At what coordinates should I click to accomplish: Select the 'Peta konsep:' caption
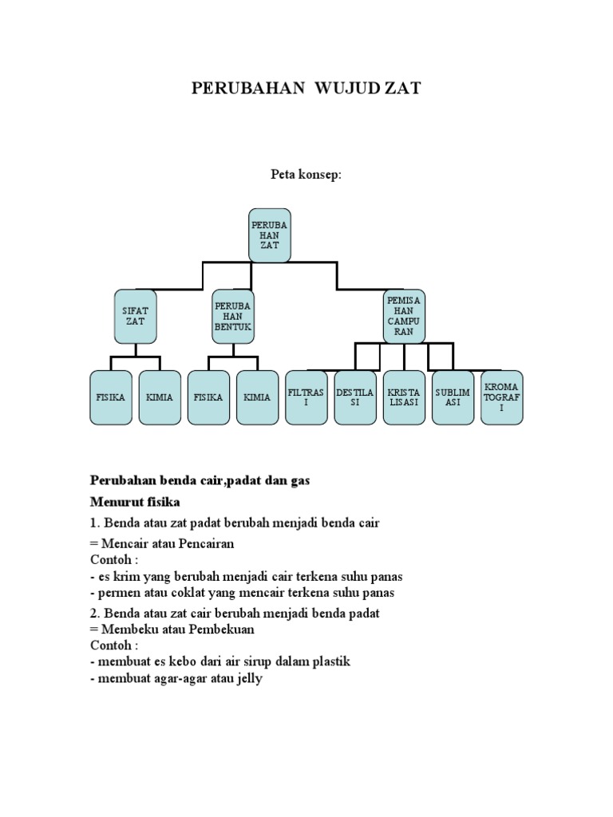click(306, 175)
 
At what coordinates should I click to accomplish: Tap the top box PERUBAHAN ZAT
click(269, 235)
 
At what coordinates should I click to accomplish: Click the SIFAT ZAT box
click(136, 315)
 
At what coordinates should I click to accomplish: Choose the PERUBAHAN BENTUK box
click(233, 316)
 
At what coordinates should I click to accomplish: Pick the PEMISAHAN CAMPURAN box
click(404, 315)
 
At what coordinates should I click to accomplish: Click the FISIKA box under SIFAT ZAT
click(111, 397)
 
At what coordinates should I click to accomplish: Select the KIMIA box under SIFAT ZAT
click(160, 397)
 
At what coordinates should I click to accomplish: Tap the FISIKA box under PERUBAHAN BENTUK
click(208, 397)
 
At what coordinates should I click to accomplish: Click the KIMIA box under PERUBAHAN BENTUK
click(257, 397)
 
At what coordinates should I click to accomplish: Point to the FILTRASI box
click(306, 397)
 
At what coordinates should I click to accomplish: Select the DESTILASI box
click(355, 397)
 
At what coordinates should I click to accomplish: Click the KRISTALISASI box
click(404, 397)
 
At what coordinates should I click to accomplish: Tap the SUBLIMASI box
click(453, 397)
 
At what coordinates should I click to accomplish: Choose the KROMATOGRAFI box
click(502, 397)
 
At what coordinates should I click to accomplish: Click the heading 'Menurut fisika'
click(135, 502)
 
